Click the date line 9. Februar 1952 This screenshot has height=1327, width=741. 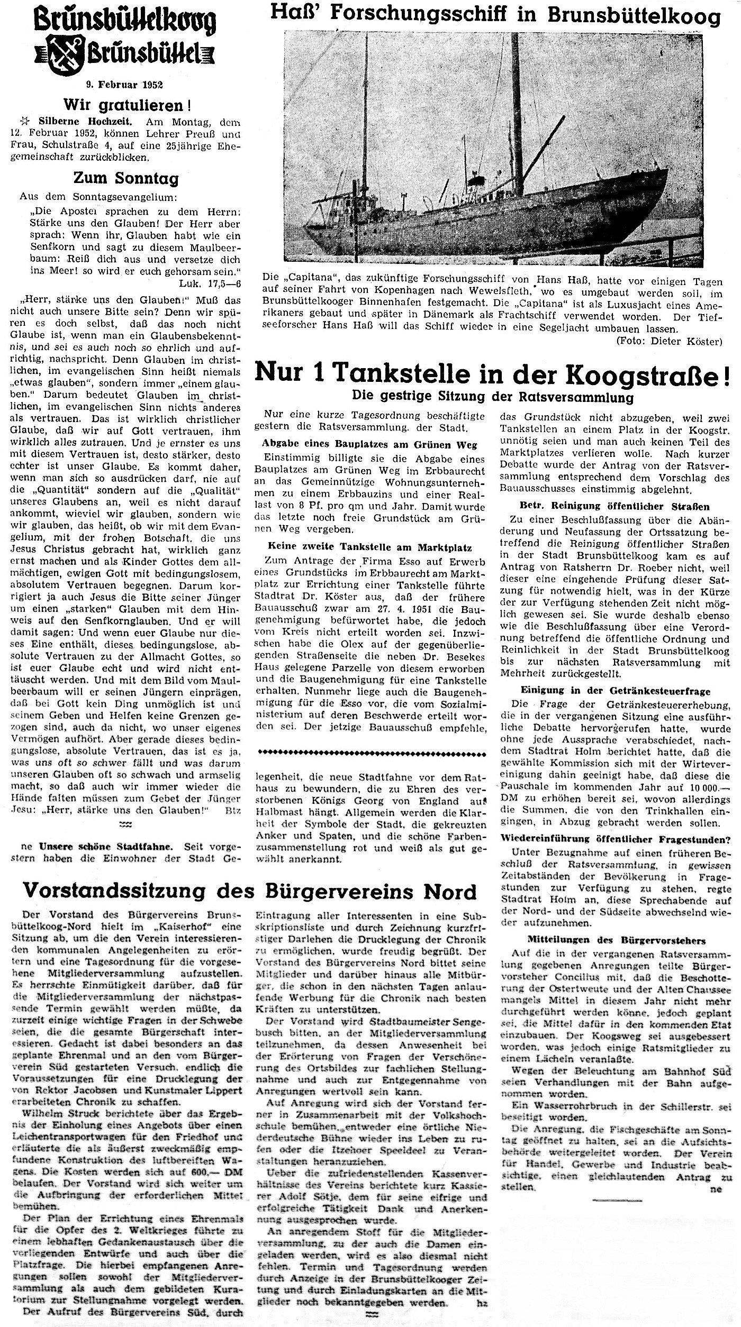125,84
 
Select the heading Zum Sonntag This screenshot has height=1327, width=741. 126,178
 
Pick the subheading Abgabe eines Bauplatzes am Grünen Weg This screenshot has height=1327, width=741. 369,445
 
